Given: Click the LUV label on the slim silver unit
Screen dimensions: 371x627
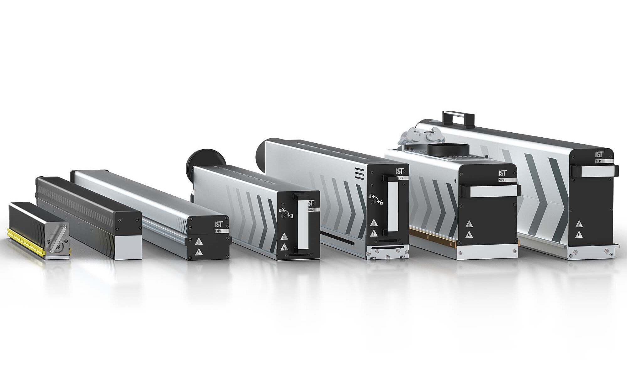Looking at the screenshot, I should click(218, 231).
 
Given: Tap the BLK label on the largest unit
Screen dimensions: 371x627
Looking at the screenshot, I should click(599, 161).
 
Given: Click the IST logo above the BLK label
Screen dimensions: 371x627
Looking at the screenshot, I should click(599, 154).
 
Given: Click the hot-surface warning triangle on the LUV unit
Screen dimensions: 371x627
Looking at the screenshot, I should click(199, 241).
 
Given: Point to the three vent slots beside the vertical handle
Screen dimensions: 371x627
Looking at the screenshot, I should click(360, 173).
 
